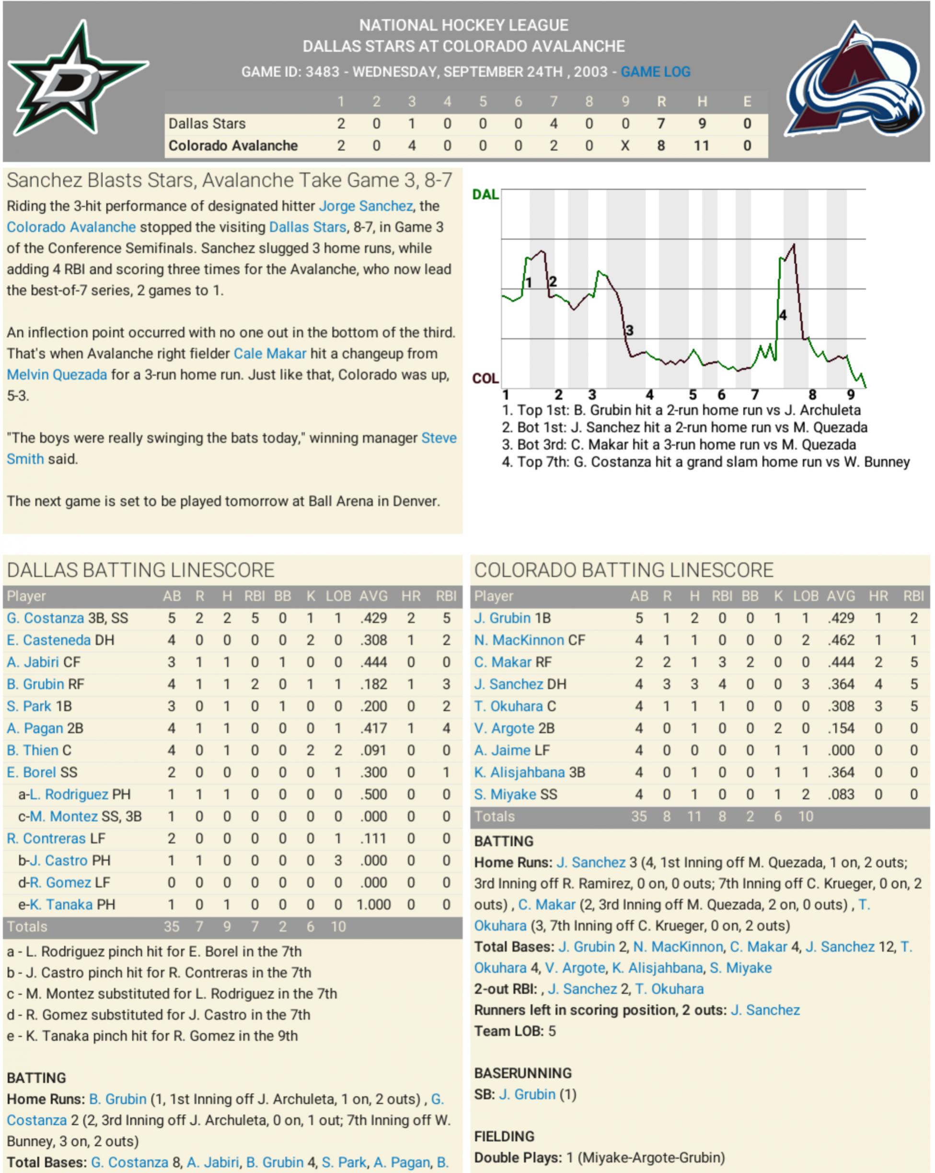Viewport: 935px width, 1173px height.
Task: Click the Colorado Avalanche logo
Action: (x=855, y=81)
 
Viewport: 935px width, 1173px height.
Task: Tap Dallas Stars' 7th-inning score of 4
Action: (x=553, y=124)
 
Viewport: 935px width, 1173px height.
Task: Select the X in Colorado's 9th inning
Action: (x=625, y=146)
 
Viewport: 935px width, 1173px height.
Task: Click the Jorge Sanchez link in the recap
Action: (x=366, y=206)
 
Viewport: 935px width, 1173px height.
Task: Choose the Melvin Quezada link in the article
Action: (x=57, y=375)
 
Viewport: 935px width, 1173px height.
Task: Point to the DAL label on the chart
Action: (x=485, y=195)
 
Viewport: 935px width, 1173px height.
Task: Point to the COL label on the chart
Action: (x=485, y=378)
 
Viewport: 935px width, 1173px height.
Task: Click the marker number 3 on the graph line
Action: (x=629, y=330)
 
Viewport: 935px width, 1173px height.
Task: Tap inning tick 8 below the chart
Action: (x=812, y=395)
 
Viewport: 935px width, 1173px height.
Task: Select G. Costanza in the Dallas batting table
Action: (x=46, y=618)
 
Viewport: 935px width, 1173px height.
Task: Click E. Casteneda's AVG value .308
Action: (x=373, y=640)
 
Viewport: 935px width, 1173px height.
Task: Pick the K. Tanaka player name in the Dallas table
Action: (x=61, y=905)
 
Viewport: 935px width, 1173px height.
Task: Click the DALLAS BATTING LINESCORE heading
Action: (x=141, y=570)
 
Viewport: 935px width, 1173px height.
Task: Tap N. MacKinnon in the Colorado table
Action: (x=519, y=640)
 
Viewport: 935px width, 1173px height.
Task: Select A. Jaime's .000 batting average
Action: (x=841, y=750)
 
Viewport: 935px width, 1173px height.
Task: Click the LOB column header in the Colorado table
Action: (x=805, y=596)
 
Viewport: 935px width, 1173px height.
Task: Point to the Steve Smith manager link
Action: (x=439, y=439)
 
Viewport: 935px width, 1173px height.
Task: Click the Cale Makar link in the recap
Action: (x=270, y=354)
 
